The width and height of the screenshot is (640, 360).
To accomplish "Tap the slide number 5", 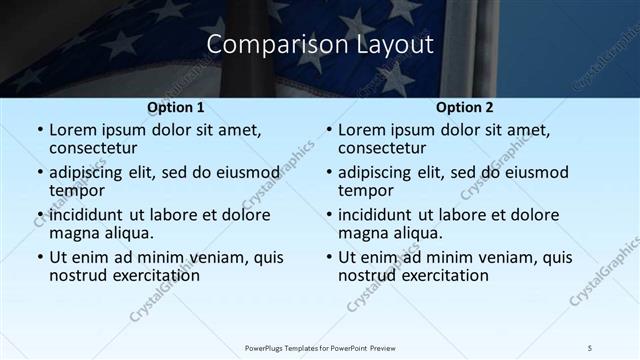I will [x=590, y=347].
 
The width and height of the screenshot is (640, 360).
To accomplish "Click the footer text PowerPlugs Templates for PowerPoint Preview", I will [x=321, y=347].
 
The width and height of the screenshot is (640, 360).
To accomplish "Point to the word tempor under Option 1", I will [x=75, y=190].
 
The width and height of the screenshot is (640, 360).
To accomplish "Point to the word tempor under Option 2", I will [x=364, y=190].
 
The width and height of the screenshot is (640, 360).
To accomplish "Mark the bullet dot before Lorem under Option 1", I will [x=40, y=130].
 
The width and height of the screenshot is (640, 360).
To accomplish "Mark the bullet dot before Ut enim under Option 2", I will [x=329, y=257].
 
